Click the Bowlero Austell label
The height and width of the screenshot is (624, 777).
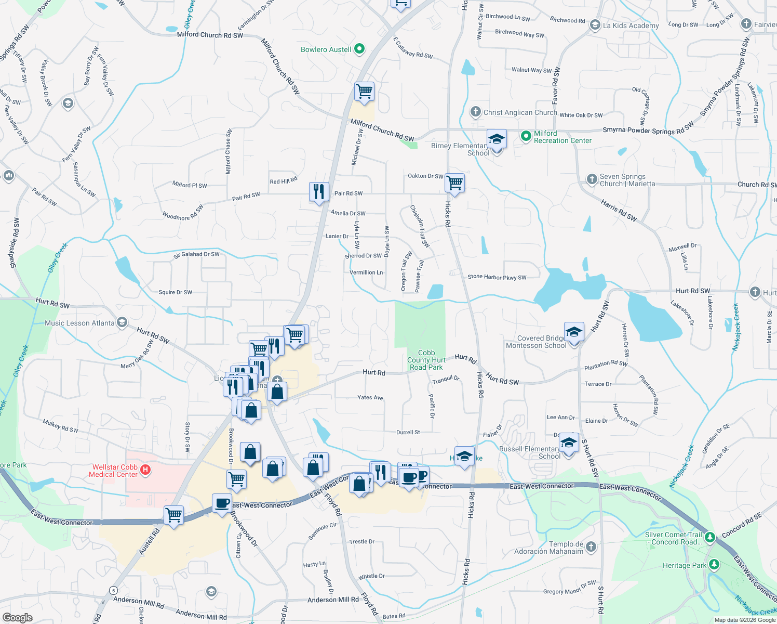pyautogui.click(x=326, y=49)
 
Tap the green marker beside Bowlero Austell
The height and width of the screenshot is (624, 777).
pyautogui.click(x=359, y=49)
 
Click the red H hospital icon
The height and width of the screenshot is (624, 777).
pyautogui.click(x=146, y=470)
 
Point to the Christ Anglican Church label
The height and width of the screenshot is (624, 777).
pyautogui.click(x=520, y=112)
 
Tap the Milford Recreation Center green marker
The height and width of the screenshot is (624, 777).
pyautogui.click(x=526, y=136)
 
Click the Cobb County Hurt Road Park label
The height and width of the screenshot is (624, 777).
pyautogui.click(x=426, y=360)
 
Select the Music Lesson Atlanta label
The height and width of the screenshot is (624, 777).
pyautogui.click(x=79, y=323)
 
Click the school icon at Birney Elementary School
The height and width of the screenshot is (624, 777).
pyautogui.click(x=497, y=140)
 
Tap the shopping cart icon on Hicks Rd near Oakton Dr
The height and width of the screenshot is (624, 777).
pyautogui.click(x=454, y=183)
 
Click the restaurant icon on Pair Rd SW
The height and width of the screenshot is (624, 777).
pyautogui.click(x=319, y=192)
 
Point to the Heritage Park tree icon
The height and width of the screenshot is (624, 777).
pyautogui.click(x=714, y=565)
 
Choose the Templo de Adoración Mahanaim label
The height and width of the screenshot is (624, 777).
pyautogui.click(x=548, y=548)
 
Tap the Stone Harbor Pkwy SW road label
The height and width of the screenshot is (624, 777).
pyautogui.click(x=497, y=277)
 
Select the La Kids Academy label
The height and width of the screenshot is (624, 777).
pyautogui.click(x=631, y=25)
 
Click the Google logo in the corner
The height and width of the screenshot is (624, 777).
pyautogui.click(x=17, y=618)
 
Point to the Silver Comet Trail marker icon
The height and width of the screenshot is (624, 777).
pyautogui.click(x=709, y=537)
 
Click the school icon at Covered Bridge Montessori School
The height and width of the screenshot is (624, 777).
pyautogui.click(x=574, y=332)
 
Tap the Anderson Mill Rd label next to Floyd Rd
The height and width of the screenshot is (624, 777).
pyautogui.click(x=333, y=600)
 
